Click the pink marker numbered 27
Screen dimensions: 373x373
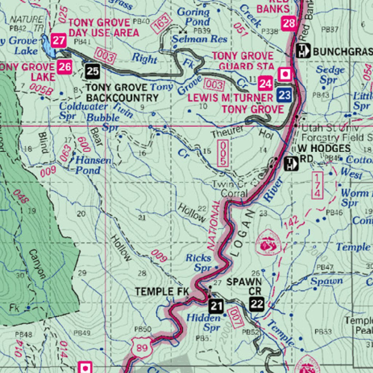pos(58,40)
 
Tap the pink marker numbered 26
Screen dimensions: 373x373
pos(65,67)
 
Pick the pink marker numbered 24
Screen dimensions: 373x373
pos(266,84)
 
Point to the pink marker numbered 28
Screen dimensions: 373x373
pos(288,24)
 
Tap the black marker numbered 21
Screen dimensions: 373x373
pos(216,306)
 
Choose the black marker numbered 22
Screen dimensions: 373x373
pos(257,303)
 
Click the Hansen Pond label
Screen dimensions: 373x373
pos(88,165)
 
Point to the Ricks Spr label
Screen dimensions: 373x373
pos(199,263)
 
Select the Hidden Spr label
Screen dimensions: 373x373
pos(204,322)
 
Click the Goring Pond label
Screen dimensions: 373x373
pos(193,16)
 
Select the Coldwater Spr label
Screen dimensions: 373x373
pos(83,111)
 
